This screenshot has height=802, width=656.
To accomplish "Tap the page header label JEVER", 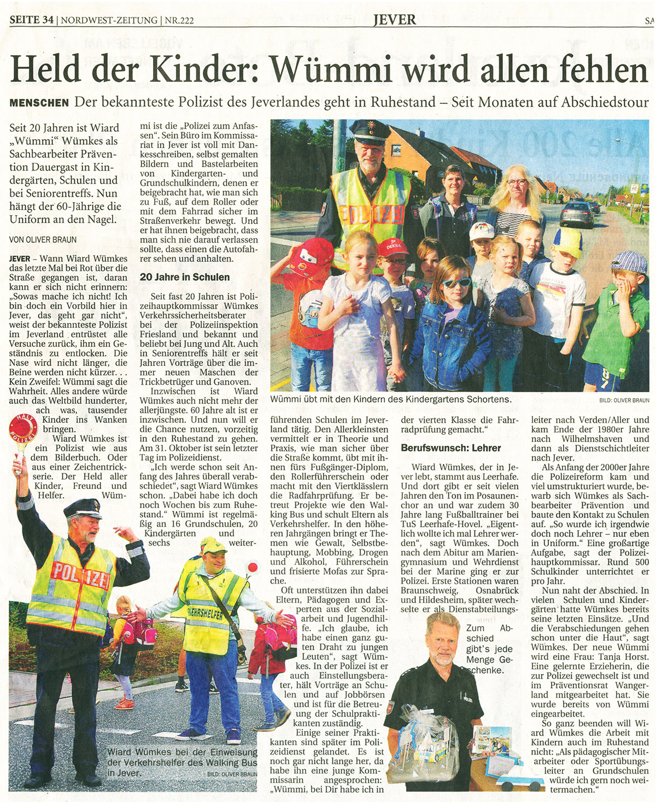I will click(394, 20).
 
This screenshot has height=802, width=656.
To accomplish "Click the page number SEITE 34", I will click(32, 21).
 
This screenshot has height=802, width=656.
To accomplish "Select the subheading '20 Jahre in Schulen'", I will click(185, 277).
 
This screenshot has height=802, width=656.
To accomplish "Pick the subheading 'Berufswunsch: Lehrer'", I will click(451, 447).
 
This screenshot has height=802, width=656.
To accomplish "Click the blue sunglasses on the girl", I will click(456, 282).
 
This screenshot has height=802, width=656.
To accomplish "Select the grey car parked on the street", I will click(576, 214).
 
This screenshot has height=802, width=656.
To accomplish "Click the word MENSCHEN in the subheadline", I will click(39, 103).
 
